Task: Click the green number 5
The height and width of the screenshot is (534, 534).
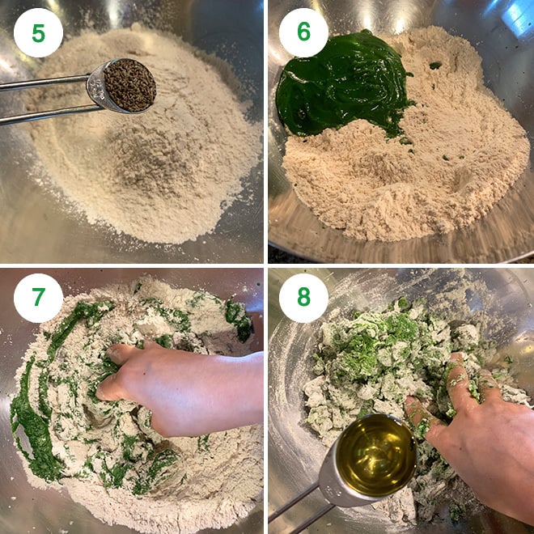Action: (x=39, y=33)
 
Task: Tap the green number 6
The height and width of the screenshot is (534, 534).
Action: (x=303, y=32)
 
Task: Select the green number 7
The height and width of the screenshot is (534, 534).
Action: (x=38, y=297)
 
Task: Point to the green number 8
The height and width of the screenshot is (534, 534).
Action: (x=303, y=297)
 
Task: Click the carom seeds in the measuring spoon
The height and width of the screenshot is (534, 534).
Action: (x=129, y=85)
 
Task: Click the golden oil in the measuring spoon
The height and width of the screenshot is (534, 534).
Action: (x=376, y=455)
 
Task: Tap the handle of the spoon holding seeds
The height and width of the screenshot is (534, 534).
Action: (x=44, y=99)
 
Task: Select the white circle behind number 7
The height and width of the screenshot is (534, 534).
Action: (x=39, y=298)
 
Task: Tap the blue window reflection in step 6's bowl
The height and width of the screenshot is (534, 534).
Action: (x=519, y=17)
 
